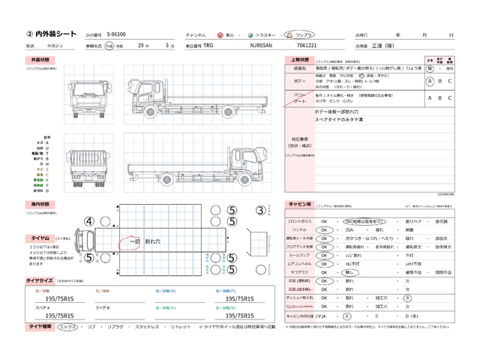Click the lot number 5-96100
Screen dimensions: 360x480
(x=117, y=34)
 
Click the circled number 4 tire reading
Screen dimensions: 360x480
(x=88, y=221)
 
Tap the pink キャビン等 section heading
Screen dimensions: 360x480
(x=299, y=204)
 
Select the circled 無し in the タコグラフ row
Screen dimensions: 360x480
(x=346, y=272)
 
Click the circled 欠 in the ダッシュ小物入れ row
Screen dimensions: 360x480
(x=408, y=297)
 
